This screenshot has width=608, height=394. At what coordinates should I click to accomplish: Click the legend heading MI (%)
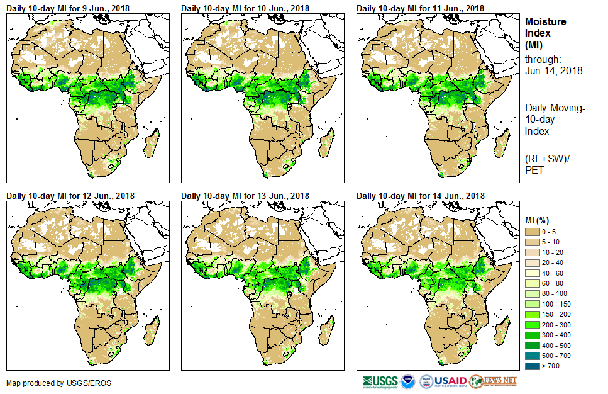coord(539,220)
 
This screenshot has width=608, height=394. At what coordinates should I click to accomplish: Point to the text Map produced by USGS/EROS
coord(51,383)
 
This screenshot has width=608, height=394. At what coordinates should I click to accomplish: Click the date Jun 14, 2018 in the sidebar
coord(553,70)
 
